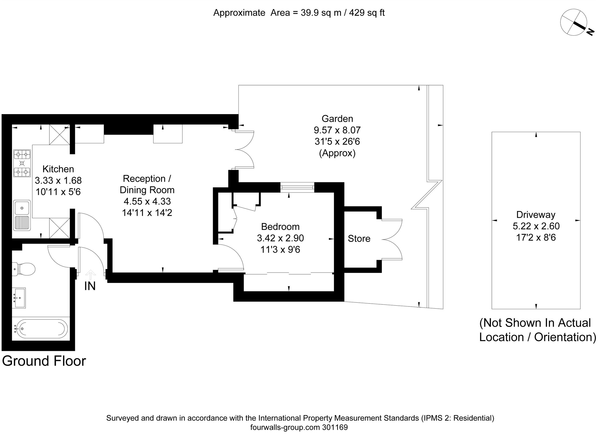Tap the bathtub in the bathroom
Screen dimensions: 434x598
tap(41, 329)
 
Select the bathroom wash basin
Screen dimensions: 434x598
tap(19, 298)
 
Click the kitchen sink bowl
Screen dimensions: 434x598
tap(22, 208)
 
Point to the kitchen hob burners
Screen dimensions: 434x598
tap(22, 163)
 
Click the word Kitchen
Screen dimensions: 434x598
tap(58, 169)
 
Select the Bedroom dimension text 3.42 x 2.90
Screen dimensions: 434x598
tap(280, 238)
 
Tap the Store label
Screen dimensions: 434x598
tap(359, 238)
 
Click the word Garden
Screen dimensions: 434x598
tap(337, 119)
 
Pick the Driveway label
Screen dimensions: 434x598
tap(535, 215)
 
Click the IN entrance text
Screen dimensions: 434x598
tap(90, 286)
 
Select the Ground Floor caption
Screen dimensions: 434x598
tap(44, 361)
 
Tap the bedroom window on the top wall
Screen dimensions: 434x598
tap(298, 187)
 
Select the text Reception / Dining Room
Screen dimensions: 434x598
tap(147, 184)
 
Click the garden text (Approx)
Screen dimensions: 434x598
tap(337, 153)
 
